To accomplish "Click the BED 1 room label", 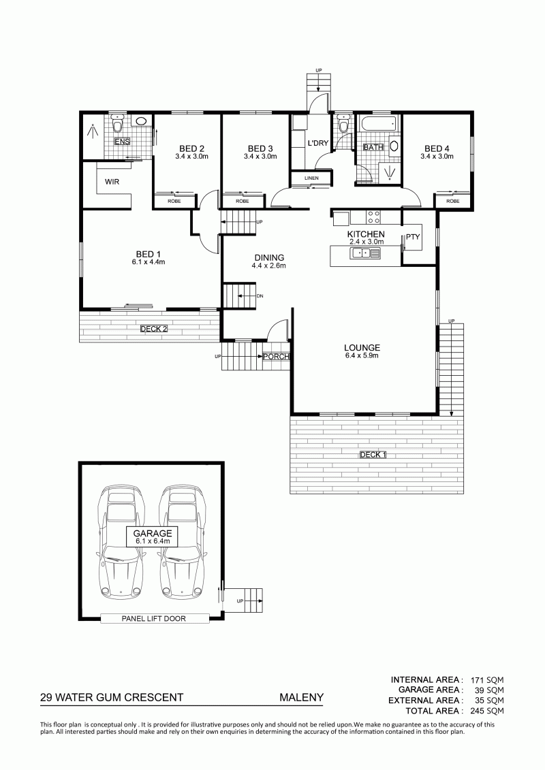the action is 148,254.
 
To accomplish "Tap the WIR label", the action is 112,182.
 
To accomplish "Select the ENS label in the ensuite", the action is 122,142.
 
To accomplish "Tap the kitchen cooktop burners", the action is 373,216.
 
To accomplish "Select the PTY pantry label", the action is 413,237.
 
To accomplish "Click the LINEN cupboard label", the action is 311,178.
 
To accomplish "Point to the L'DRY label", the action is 318,144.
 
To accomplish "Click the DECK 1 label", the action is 373,455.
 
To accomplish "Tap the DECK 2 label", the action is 154,329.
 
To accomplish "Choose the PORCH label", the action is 276,357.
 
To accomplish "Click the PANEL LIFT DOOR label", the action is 154,619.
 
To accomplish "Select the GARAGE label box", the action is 153,536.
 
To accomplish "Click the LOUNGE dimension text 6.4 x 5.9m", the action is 362,355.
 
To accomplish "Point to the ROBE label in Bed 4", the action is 453,202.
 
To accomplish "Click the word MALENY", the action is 302,697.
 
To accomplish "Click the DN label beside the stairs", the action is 260,296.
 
